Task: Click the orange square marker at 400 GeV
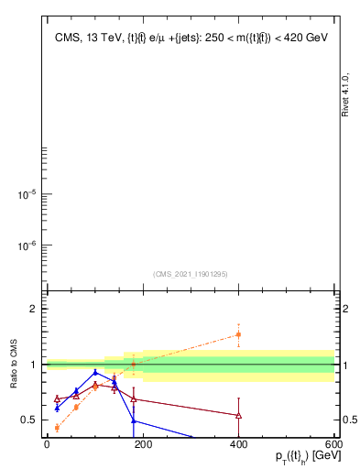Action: point(238,334)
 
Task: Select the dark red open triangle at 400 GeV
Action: point(238,415)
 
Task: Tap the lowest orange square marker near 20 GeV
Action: point(57,428)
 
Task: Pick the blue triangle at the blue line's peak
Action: point(95,372)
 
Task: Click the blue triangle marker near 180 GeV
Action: point(134,420)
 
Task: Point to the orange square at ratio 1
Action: point(134,364)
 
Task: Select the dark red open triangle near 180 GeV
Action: point(134,398)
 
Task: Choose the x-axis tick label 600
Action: point(332,444)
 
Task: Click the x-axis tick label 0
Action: point(47,444)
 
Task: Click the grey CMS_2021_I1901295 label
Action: point(190,274)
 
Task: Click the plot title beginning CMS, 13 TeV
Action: point(191,38)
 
